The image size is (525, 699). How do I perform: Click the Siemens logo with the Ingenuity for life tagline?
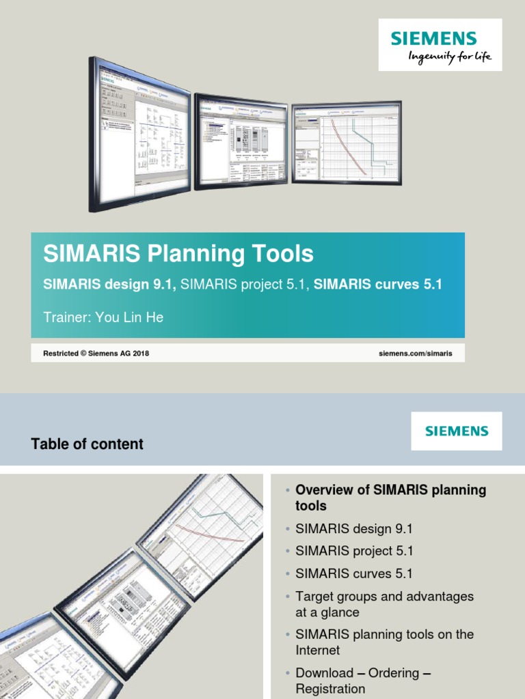pos(440,44)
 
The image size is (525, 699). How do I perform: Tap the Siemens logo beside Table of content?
pos(456,431)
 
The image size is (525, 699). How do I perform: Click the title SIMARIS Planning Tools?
pos(178,254)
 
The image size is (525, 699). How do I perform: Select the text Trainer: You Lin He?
pos(103,317)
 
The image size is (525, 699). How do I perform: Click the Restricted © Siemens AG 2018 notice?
pos(96,354)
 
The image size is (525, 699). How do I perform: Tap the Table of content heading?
pos(87,444)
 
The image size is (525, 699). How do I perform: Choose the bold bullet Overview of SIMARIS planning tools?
pos(390,498)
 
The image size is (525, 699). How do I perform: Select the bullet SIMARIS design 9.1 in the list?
pos(353,528)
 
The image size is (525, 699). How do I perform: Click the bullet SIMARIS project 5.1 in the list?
pos(354,551)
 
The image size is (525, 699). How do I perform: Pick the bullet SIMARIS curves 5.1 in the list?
pos(353,573)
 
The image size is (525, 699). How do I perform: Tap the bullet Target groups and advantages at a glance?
pos(384,604)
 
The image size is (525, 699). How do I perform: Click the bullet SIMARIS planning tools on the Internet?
pos(384,642)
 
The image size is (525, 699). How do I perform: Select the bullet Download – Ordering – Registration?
pos(363,681)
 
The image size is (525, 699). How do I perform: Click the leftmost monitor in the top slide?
pos(139,133)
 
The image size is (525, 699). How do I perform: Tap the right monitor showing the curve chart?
pos(346,142)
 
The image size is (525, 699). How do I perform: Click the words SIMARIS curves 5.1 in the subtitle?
pos(377,284)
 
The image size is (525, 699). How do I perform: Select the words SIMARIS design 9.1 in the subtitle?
pos(109,284)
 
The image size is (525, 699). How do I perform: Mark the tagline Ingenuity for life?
pos(450,57)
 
